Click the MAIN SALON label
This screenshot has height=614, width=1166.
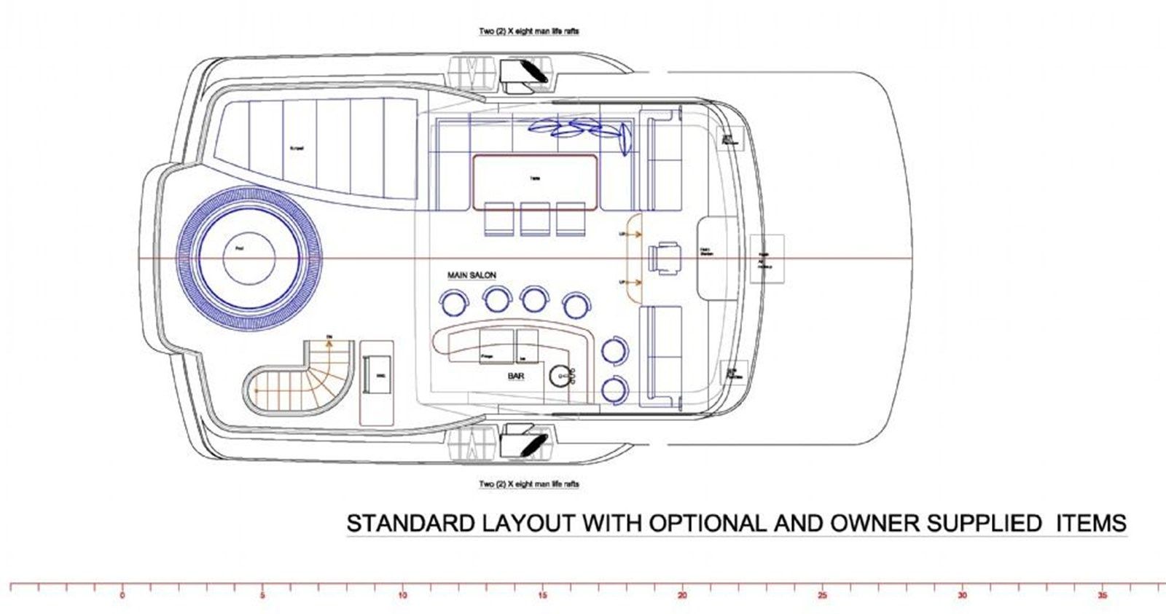click(x=472, y=275)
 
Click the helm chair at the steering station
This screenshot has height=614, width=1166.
click(x=665, y=259)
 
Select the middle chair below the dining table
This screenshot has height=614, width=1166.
click(x=535, y=219)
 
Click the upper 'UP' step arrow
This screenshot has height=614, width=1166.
click(x=630, y=235)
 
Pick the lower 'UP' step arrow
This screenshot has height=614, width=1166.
click(x=630, y=282)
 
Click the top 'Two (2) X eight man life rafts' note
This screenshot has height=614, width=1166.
click(x=529, y=32)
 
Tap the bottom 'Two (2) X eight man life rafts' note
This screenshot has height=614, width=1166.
click(x=529, y=484)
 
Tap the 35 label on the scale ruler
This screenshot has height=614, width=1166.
click(x=1102, y=595)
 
